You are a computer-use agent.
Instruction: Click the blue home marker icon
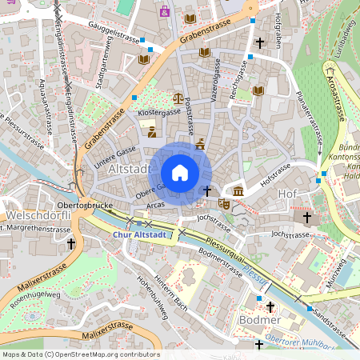click(x=180, y=172)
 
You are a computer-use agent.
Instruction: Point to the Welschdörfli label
click(x=34, y=216)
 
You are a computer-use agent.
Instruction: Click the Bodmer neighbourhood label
click(x=260, y=320)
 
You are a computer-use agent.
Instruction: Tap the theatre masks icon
click(x=225, y=205)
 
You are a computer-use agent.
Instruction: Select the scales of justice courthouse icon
click(x=177, y=98)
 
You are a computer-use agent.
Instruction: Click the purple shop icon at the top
click(x=165, y=12)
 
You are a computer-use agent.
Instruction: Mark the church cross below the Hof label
click(x=306, y=217)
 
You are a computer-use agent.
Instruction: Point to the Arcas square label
click(x=156, y=205)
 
